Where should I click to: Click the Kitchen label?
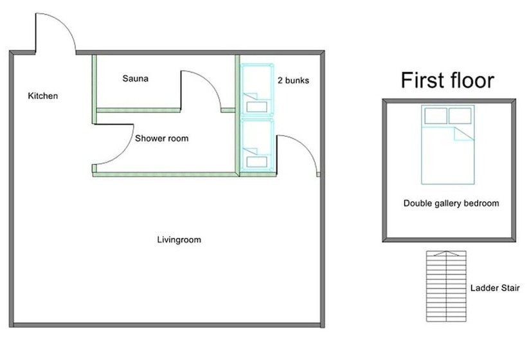coord(42,96)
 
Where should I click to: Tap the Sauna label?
coord(135,78)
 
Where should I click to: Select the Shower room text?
coord(162,138)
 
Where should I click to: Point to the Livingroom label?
coord(179,240)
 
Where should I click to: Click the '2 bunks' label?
coord(293,80)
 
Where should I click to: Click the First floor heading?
coord(447,80)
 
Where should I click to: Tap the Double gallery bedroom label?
coord(451,203)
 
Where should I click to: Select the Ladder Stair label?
coord(495,288)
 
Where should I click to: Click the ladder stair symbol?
coord(446,286)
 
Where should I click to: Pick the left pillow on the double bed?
coord(436,116)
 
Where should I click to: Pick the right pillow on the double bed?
coord(460,116)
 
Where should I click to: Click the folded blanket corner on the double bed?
coord(464,134)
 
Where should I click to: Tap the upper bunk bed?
coord(257,90)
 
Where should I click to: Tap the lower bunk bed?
coord(257,145)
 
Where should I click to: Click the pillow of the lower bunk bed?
coord(257,162)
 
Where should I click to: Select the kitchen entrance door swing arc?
coord(64,24)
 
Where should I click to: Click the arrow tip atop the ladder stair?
coord(446,251)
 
